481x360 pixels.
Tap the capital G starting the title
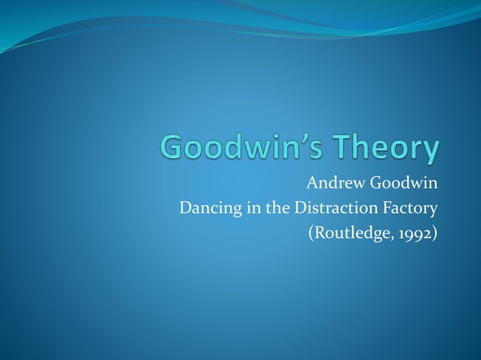175,148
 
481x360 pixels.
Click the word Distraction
332,207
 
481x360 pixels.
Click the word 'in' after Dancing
245,207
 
